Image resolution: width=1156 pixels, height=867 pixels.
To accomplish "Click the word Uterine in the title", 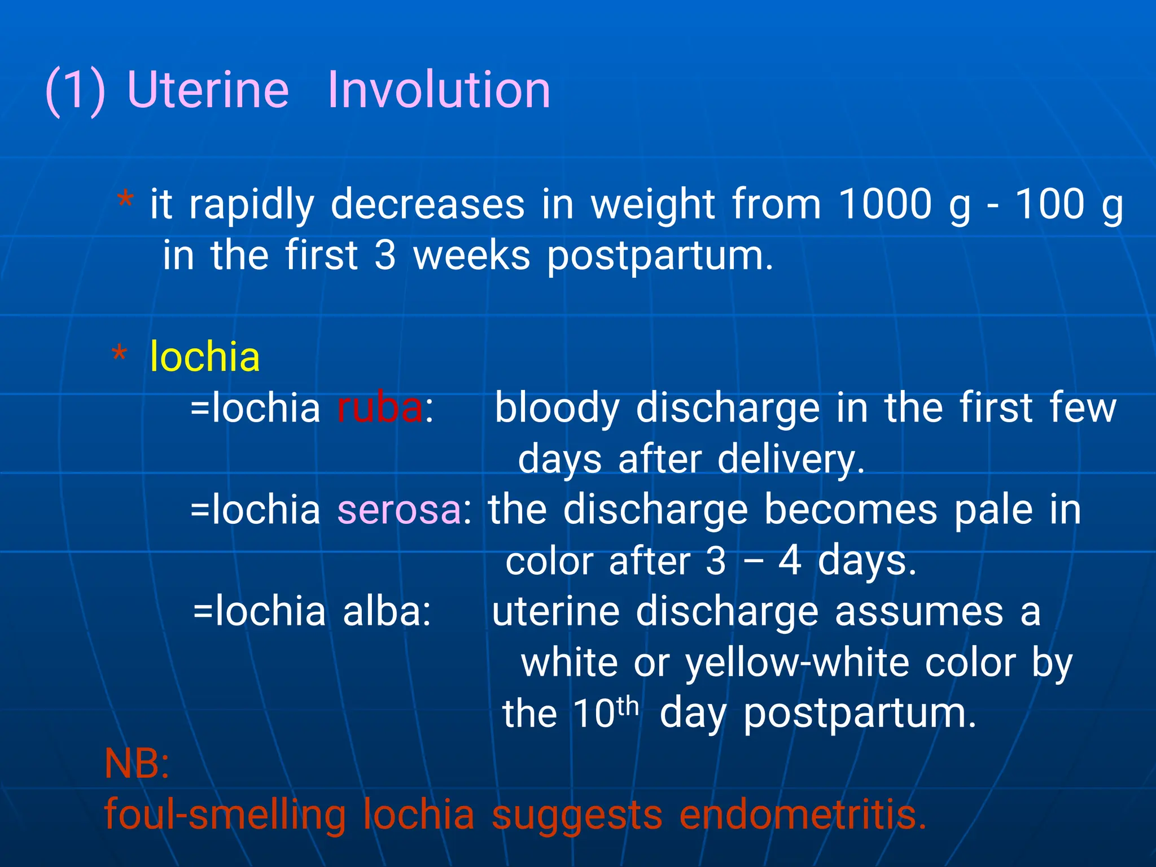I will click(208, 90).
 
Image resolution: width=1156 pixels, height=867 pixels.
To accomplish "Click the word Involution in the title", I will click(439, 90).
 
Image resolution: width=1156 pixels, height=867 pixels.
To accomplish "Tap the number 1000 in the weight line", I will click(885, 204).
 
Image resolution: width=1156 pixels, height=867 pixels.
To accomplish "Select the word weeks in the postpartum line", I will click(471, 256).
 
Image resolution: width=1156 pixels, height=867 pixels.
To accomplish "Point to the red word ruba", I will click(379, 408).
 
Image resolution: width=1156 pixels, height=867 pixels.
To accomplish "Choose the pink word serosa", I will click(399, 510).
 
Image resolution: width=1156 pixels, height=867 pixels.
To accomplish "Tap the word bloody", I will click(557, 409).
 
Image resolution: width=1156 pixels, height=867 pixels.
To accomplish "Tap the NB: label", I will click(137, 764).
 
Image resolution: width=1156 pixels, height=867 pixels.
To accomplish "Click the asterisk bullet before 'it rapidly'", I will click(125, 201).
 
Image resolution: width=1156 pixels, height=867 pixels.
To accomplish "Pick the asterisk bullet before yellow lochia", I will click(119, 355).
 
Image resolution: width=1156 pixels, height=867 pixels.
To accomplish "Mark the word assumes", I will click(919, 612).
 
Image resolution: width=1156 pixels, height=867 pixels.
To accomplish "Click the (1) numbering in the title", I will click(75, 90).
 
